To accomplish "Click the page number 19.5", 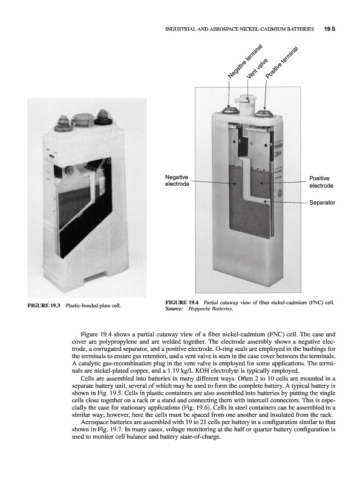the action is click(329, 29).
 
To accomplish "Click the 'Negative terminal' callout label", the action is click(245, 62).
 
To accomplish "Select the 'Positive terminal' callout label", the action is click(282, 62).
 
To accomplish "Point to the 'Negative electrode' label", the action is click(177, 180).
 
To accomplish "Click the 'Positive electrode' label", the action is click(321, 182).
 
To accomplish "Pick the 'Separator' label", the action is click(322, 203).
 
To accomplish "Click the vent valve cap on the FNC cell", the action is click(247, 98).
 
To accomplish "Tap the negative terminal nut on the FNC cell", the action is click(229, 110).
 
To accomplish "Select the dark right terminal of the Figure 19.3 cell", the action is click(101, 117).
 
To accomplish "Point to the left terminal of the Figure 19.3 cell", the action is click(60, 123).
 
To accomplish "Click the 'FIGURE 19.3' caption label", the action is click(43, 306).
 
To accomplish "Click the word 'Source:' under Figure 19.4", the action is click(174, 308).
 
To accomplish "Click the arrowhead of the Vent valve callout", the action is click(247, 99).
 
